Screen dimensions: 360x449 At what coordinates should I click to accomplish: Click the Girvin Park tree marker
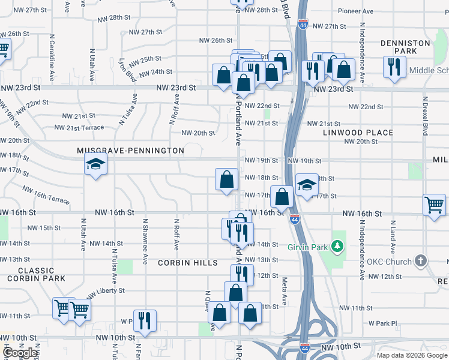[x=338, y=245]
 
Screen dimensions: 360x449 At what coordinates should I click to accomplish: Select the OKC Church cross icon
[x=421, y=261]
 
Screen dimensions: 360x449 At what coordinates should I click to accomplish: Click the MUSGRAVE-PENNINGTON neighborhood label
[x=130, y=151]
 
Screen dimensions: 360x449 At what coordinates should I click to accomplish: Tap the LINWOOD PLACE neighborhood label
[x=358, y=133]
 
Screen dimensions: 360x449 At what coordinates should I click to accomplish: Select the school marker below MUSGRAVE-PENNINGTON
[x=95, y=164]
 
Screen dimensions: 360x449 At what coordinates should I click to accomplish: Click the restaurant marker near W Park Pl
[x=144, y=320]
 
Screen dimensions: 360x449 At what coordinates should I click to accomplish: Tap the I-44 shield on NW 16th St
[x=294, y=220]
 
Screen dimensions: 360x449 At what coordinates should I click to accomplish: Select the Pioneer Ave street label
[x=357, y=11]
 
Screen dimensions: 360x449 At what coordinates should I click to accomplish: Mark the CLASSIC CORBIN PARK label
[x=37, y=274]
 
